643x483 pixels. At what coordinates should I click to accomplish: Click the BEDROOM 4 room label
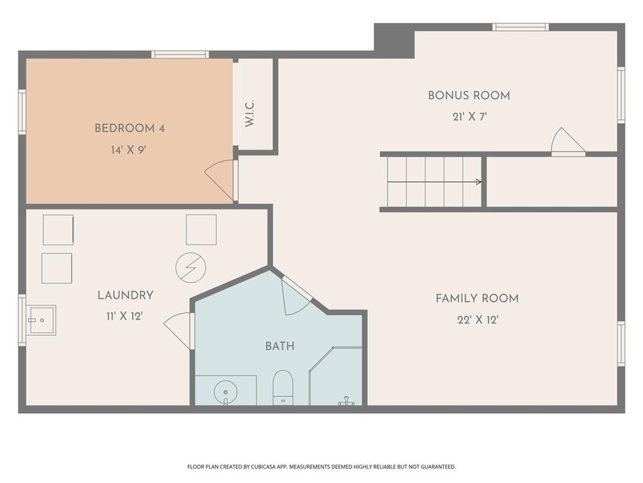[129, 128]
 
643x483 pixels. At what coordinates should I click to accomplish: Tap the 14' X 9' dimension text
[129, 150]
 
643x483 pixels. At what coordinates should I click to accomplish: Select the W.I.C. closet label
[250, 113]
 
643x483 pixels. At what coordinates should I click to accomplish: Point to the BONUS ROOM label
[468, 96]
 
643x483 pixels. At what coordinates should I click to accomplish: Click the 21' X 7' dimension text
[470, 117]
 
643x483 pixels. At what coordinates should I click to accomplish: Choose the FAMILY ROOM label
[477, 299]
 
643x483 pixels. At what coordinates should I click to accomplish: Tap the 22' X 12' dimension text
[477, 320]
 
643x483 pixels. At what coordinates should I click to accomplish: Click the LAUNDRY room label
[125, 296]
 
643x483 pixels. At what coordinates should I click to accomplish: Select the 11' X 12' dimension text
[125, 316]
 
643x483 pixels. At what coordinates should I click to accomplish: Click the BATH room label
[279, 347]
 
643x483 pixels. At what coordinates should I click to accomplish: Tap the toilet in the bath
[283, 387]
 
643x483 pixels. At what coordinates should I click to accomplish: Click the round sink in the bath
[225, 392]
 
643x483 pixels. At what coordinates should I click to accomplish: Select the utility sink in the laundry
[41, 320]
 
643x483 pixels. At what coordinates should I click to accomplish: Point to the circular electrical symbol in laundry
[190, 268]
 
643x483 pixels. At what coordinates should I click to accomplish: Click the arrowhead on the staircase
[478, 182]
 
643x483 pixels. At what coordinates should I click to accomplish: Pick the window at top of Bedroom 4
[180, 55]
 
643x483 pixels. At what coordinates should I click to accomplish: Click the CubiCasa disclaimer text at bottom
[321, 467]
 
